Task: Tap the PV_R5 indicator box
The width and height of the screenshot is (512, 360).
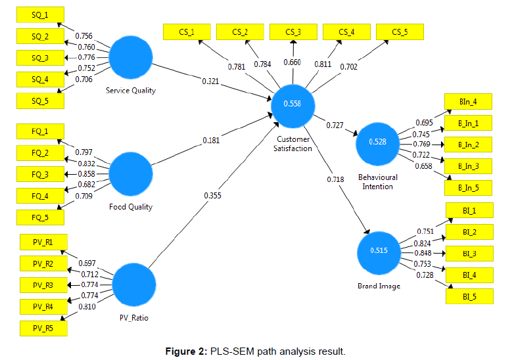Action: [41, 327]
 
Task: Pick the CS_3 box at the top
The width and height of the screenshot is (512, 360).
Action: [293, 32]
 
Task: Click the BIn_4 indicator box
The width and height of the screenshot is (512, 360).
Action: [469, 102]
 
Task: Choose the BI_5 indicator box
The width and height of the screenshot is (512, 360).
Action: [469, 296]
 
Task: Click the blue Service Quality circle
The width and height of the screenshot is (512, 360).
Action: [131, 58]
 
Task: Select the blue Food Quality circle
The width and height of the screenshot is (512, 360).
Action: [131, 173]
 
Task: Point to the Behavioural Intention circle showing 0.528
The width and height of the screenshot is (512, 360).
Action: [377, 142]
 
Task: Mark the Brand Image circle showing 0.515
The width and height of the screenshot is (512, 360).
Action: [379, 250]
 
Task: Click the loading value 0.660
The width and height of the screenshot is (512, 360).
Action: [292, 62]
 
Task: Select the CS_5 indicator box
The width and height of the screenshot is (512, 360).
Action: [400, 32]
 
